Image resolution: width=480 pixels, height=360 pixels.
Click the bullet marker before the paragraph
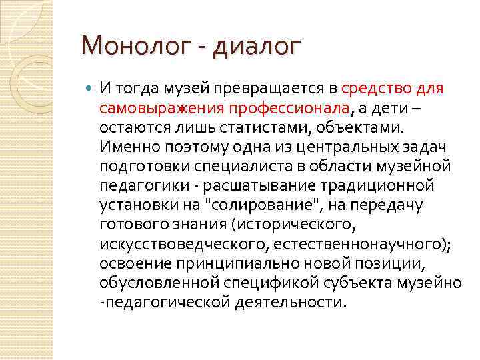(x=90, y=87)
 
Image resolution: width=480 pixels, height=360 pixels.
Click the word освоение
(x=135, y=263)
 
